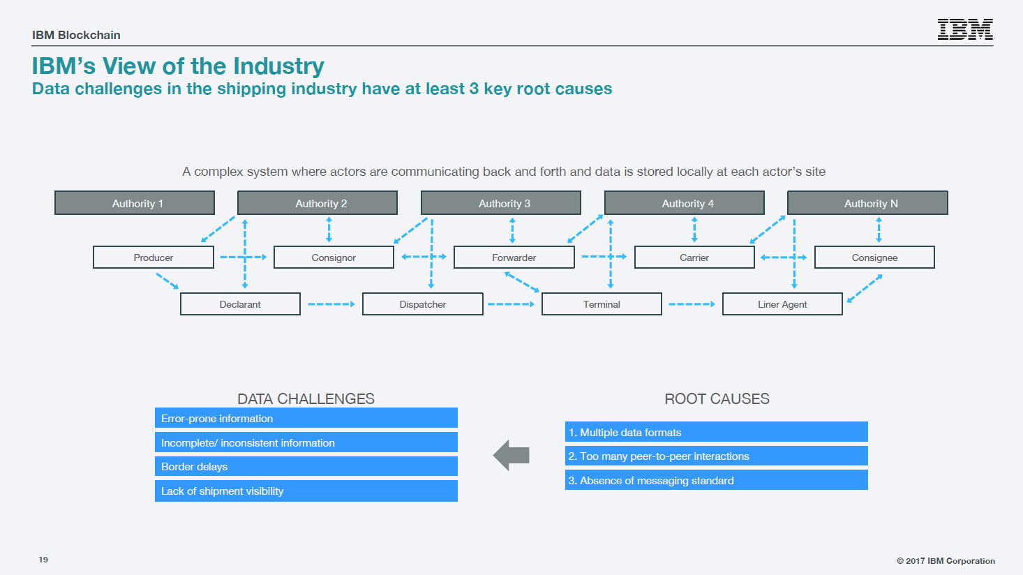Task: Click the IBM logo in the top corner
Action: [965, 29]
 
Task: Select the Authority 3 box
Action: [500, 203]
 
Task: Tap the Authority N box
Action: [867, 203]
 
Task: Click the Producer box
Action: [154, 257]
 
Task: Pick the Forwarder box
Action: [514, 257]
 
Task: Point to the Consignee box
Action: [874, 257]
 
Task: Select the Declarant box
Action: [240, 304]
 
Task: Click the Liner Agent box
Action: [782, 304]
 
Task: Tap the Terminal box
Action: [602, 304]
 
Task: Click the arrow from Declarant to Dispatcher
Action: [331, 304]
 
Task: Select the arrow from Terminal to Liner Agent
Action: [692, 304]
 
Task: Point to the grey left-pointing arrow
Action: [511, 456]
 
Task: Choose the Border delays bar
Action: [306, 466]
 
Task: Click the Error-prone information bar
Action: [306, 418]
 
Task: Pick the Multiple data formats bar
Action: [716, 431]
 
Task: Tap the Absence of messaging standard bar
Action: [716, 480]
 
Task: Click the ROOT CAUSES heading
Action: [717, 398]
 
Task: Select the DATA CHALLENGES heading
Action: [306, 398]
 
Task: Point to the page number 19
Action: [43, 560]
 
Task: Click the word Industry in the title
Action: [278, 67]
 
